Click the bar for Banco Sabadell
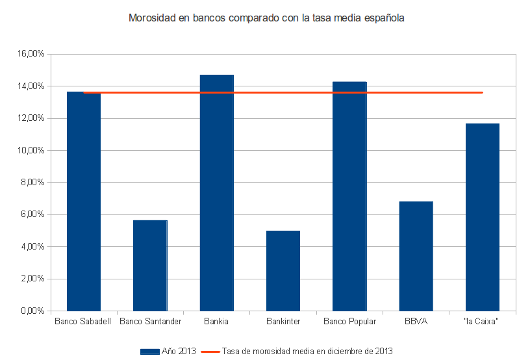coord(84,201)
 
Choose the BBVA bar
coord(416,256)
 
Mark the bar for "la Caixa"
coord(483,217)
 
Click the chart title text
coord(266,18)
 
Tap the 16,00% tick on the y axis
coord(30,54)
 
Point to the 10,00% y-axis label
coord(30,150)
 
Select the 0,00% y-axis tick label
coord(32,311)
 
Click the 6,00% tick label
coord(32,214)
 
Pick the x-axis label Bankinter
coord(283,321)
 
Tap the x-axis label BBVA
coord(416,321)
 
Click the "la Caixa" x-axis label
coord(483,321)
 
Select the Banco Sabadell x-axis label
coord(83,321)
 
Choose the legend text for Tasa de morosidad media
coord(307,352)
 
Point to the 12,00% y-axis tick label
coord(30,118)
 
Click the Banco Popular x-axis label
coord(349,321)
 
